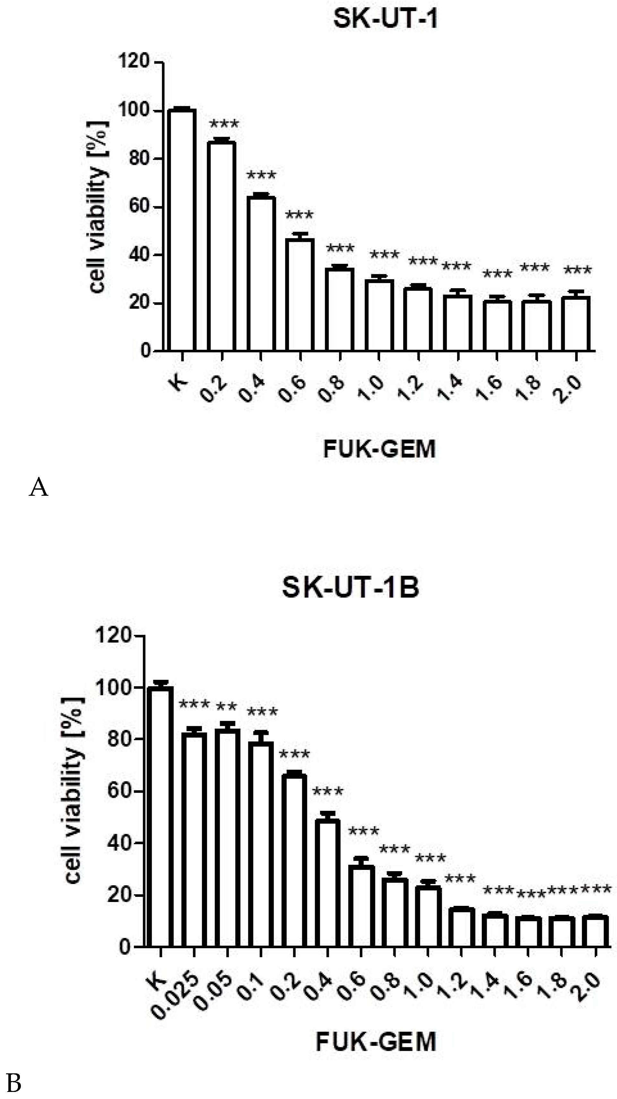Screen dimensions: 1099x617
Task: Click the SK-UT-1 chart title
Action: pos(385,20)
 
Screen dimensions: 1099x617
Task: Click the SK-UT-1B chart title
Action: pos(351,588)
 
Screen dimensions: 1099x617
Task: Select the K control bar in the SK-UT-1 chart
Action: pos(182,230)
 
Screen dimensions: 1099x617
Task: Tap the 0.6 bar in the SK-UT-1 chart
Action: pos(300,294)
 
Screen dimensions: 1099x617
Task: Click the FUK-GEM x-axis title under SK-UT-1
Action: pos(379,449)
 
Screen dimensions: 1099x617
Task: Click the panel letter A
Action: pos(39,487)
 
